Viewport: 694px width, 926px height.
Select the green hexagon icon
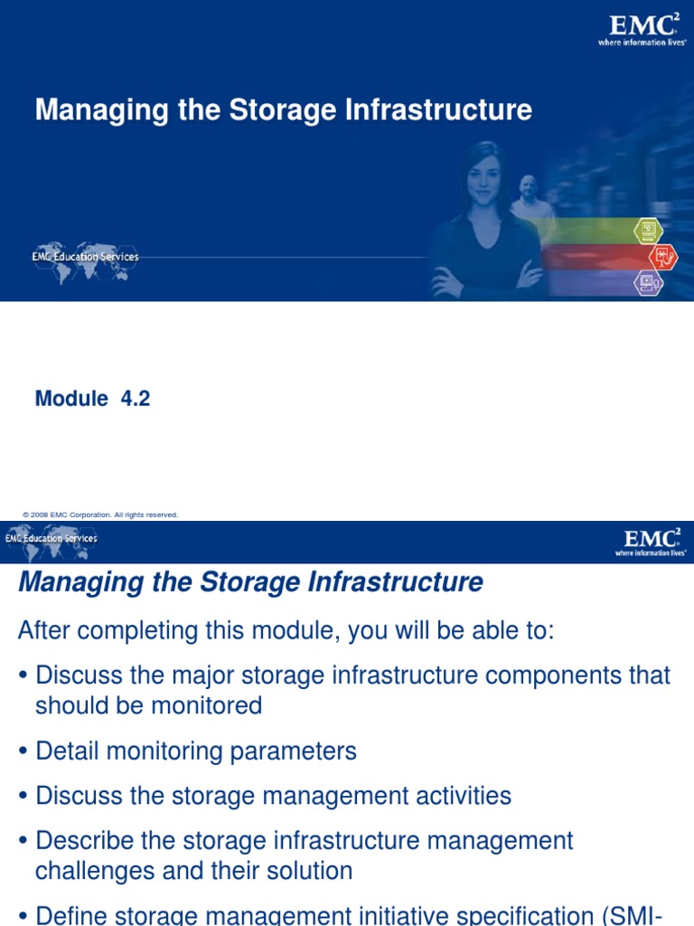point(648,231)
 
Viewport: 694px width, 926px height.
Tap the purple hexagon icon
point(648,283)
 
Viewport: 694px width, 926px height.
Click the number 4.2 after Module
point(135,399)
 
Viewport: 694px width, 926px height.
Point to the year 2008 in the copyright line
point(39,515)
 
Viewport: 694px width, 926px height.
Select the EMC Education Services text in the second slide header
point(52,538)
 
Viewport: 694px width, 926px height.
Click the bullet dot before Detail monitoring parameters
point(23,752)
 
